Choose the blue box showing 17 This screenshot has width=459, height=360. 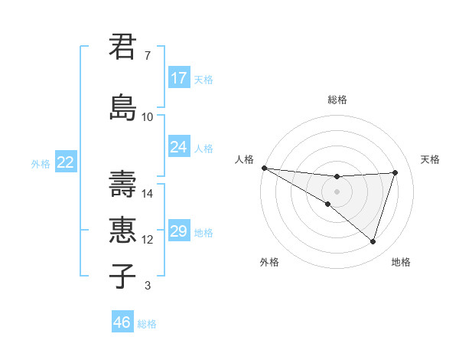click(x=179, y=78)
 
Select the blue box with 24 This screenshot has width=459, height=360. click(x=179, y=147)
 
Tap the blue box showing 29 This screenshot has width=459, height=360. click(x=179, y=231)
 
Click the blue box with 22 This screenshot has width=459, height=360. click(x=66, y=162)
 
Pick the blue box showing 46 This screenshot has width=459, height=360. click(x=122, y=322)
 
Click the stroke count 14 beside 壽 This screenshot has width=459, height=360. click(x=148, y=194)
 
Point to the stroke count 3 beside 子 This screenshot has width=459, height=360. click(x=148, y=286)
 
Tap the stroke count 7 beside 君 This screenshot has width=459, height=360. click(x=148, y=56)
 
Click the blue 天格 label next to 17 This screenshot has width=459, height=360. click(x=203, y=79)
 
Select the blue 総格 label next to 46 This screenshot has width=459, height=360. click(x=148, y=324)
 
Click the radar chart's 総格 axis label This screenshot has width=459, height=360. click(x=337, y=100)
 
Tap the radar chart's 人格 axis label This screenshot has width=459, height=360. click(x=245, y=159)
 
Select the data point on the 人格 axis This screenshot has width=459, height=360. click(x=264, y=168)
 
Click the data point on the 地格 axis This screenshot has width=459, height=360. click(x=373, y=242)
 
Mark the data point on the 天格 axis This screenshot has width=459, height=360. click(x=396, y=172)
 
